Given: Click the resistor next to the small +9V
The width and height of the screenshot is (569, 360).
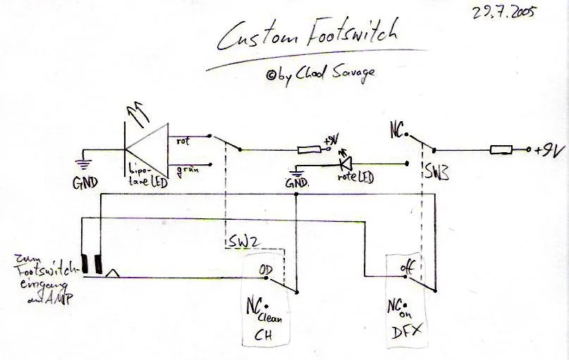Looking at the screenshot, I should pyautogui.click(x=308, y=149).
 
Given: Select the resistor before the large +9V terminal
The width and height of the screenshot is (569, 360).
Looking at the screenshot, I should pyautogui.click(x=501, y=149).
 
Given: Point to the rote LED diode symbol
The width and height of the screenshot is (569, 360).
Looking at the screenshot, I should pyautogui.click(x=345, y=164).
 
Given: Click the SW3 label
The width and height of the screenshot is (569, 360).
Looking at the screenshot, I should pyautogui.click(x=436, y=172).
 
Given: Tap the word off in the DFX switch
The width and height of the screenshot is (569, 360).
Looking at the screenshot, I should pyautogui.click(x=406, y=267).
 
